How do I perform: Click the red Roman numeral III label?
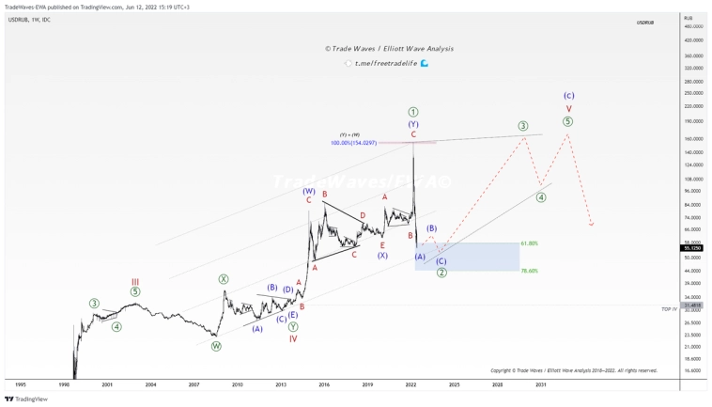pos(135,281)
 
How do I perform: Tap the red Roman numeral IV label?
pos(293,338)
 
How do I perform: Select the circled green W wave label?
pos(216,346)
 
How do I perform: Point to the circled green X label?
pos(224,278)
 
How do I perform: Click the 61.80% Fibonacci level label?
pos(529,243)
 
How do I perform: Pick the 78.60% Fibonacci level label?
pos(529,271)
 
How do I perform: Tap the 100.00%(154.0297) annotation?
pos(353,143)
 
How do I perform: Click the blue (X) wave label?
pos(383,255)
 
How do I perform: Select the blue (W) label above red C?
pos(309,191)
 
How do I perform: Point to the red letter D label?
pos(363,215)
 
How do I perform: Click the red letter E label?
pos(382,244)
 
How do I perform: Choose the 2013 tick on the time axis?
pos(281,384)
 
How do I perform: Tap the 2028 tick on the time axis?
pos(497,384)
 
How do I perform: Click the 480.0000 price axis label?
pos(693,26)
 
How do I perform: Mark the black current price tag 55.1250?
pos(692,247)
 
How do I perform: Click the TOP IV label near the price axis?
pos(669,308)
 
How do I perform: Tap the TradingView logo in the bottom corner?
pos(26,399)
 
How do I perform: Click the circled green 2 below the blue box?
pos(441,273)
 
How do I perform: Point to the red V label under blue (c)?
pos(568,108)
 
